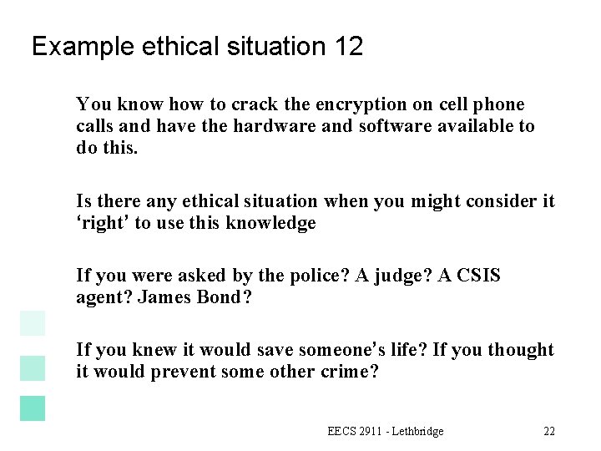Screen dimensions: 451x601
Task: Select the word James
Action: point(169,296)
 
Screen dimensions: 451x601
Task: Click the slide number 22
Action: point(548,431)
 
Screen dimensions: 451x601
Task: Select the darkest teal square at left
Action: point(33,407)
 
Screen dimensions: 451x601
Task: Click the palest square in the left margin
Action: point(33,323)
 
